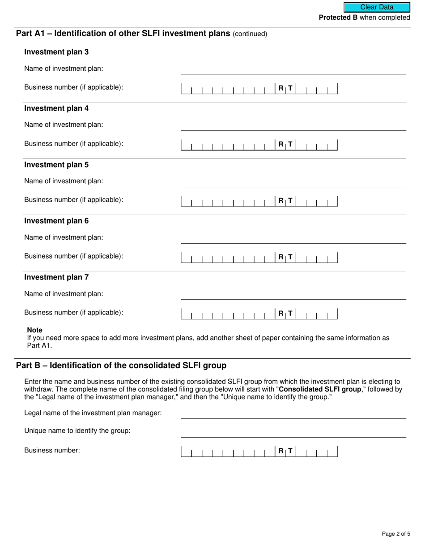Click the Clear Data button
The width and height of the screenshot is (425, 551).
377,7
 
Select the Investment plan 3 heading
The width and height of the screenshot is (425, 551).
56,52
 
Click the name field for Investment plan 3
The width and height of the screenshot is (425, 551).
293,69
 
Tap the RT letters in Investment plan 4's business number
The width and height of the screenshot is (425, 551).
285,144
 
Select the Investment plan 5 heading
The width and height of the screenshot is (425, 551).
56,164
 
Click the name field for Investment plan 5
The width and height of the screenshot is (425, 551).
293,181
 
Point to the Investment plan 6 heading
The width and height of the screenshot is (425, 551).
56,221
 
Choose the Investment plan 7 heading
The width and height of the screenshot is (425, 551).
56,277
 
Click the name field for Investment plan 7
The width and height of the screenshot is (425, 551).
293,294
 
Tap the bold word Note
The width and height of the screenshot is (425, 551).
34,330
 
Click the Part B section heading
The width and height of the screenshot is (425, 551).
121,366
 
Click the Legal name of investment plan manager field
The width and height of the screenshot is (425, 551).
293,413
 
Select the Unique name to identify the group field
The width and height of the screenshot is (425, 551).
293,431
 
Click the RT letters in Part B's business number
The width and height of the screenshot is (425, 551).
285,451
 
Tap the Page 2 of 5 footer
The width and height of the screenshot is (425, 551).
396,534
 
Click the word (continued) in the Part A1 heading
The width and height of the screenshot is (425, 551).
250,34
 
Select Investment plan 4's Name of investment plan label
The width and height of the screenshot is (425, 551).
64,125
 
